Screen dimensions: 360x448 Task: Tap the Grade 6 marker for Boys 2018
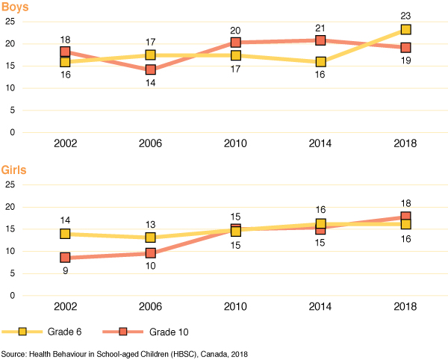(405, 30)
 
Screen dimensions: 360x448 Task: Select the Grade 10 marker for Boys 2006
(150, 70)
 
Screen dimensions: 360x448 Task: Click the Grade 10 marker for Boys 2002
(65, 52)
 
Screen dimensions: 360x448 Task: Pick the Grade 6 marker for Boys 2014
(320, 62)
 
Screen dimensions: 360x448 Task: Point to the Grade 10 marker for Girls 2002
(65, 258)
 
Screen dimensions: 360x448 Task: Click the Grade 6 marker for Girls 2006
(150, 238)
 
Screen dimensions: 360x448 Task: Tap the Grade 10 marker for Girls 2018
(405, 217)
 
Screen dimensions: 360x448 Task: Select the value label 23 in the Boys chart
(405, 15)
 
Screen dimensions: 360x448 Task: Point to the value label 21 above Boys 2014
(320, 27)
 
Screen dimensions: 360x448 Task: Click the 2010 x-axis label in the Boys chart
(235, 144)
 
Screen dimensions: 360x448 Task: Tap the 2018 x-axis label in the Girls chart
(405, 307)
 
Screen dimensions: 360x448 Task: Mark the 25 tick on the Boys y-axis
(10, 22)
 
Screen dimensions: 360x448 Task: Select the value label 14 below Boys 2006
(150, 84)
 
